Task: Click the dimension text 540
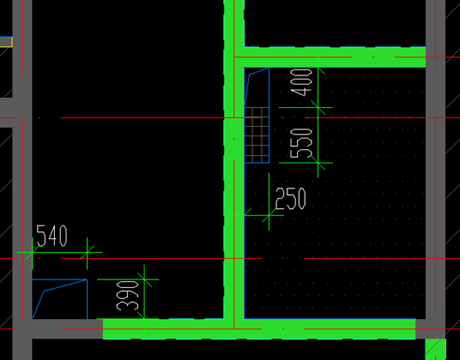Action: pyautogui.click(x=52, y=236)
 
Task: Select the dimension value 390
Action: pyautogui.click(x=127, y=295)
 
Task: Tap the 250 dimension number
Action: pyautogui.click(x=291, y=199)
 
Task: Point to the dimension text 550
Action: pyautogui.click(x=301, y=143)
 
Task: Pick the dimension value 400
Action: pyautogui.click(x=301, y=82)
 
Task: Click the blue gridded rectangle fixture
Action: pyautogui.click(x=257, y=135)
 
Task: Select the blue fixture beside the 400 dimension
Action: pyautogui.click(x=257, y=87)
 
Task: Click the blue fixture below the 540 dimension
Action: pyautogui.click(x=60, y=299)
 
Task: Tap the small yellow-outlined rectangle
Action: pyautogui.click(x=6, y=41)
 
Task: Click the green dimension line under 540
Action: pyautogui.click(x=60, y=252)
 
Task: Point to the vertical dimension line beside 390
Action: pyautogui.click(x=144, y=297)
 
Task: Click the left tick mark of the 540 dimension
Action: pyautogui.click(x=32, y=252)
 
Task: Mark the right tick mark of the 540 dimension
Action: pyautogui.click(x=87, y=252)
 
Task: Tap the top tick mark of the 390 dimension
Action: pyautogui.click(x=144, y=280)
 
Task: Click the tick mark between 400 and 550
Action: pyautogui.click(x=318, y=108)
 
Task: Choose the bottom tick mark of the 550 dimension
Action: pyautogui.click(x=318, y=163)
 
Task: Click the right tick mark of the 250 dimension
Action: pyautogui.click(x=269, y=216)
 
